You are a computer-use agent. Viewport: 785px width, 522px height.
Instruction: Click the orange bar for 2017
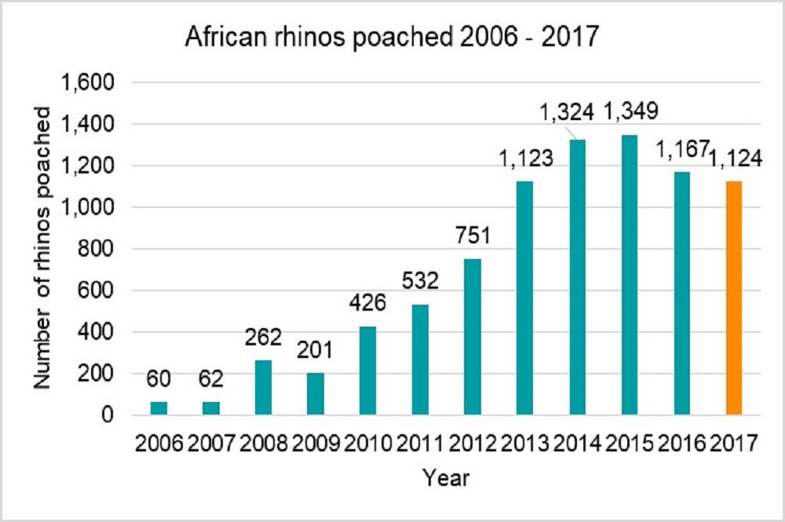click(733, 298)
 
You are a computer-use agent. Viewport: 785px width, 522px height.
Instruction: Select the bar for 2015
click(629, 275)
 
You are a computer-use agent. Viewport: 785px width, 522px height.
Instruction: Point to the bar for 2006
click(159, 408)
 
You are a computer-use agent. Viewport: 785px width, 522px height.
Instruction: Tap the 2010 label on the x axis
click(367, 444)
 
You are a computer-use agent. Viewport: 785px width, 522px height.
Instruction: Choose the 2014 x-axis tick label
click(576, 444)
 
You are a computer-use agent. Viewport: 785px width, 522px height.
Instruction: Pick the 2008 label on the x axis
click(263, 444)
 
